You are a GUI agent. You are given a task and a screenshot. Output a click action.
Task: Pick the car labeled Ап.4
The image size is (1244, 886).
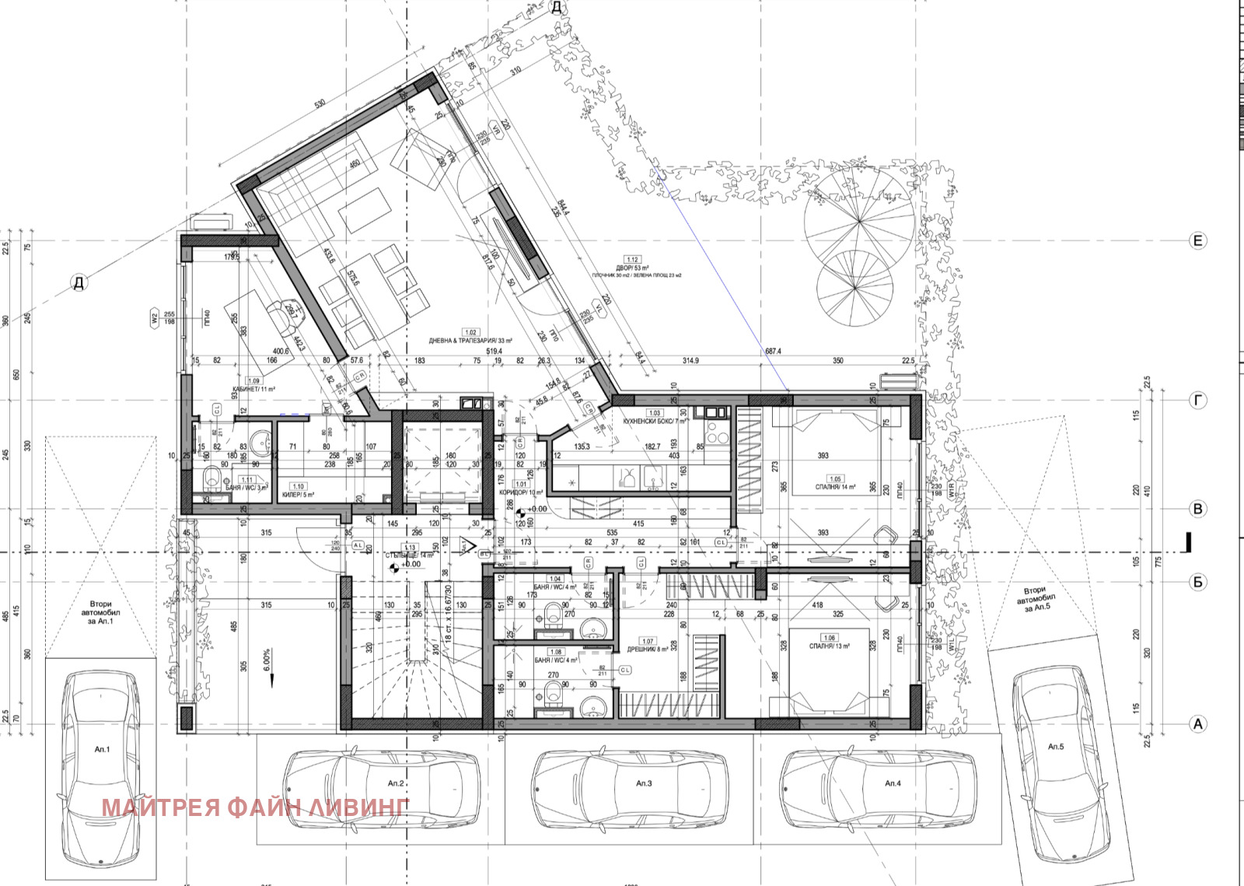point(879,784)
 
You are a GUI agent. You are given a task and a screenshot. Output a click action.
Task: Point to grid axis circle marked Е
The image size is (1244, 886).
point(1198,240)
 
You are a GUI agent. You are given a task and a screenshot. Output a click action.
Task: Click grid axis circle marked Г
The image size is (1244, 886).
point(1198,401)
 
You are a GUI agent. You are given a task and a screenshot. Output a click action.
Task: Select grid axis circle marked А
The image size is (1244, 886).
point(1198,724)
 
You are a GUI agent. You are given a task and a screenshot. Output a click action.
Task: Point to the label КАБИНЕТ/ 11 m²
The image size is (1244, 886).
point(253,389)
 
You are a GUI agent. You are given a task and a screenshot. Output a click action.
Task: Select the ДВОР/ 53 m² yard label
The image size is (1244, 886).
point(632,268)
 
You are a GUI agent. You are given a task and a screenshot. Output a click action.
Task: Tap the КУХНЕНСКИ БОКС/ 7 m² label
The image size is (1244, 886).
point(655,421)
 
